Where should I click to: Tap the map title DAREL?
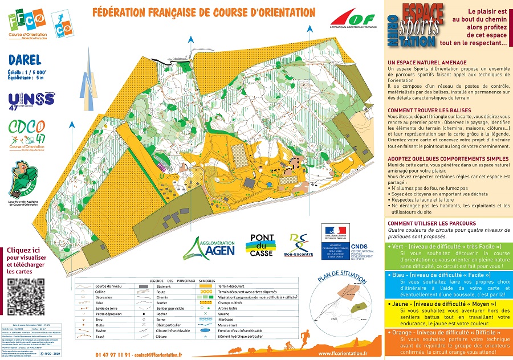click(x=25, y=60)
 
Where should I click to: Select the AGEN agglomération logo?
click(x=212, y=247)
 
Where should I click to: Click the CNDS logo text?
click(x=360, y=247)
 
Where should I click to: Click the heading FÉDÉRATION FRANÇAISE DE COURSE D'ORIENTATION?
click(x=203, y=12)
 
